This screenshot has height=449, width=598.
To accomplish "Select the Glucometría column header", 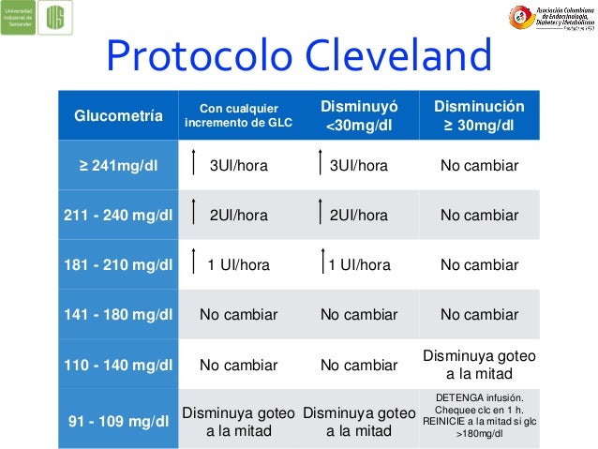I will point(118,116).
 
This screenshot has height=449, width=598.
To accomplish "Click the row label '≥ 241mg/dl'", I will point(118,166).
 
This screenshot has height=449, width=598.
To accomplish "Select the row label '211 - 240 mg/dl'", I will point(118,215).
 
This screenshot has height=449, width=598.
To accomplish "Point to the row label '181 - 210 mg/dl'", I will point(118,264).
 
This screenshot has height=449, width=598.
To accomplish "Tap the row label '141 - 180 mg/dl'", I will point(118,313).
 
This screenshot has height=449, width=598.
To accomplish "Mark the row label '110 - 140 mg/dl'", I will point(118,363).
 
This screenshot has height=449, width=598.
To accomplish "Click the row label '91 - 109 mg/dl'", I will point(118,420).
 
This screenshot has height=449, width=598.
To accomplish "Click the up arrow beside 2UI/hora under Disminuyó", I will point(321,215).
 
